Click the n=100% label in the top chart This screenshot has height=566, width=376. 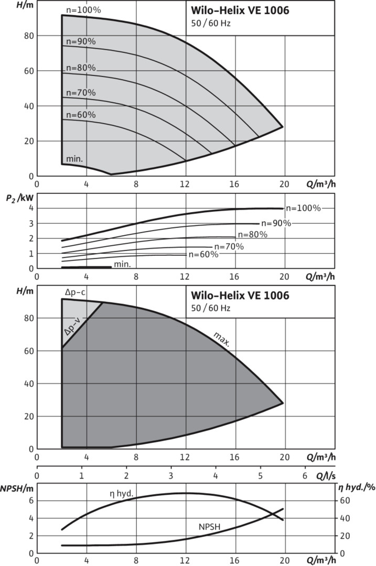point(83,10)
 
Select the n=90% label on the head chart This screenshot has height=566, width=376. point(81,42)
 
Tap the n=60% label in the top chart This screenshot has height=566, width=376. point(81,115)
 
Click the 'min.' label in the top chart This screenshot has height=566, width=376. point(74,158)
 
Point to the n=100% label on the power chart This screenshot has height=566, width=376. point(303,208)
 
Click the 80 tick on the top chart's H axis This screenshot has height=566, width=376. point(28,36)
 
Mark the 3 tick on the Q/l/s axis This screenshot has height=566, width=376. point(171,475)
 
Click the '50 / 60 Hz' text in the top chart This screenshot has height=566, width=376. point(211,24)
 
